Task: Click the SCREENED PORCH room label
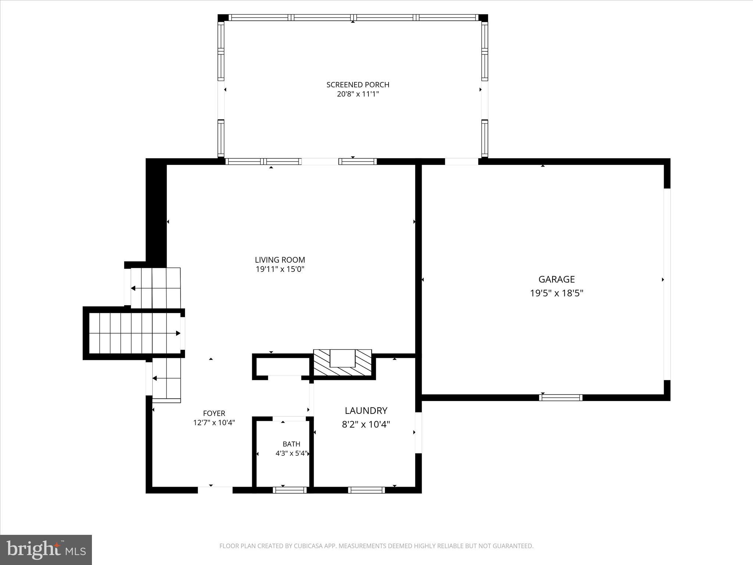pos(357,85)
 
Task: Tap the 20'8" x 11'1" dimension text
pos(357,94)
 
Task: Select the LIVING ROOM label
pos(280,260)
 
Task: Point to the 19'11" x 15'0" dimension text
pos(280,269)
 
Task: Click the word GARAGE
pos(556,280)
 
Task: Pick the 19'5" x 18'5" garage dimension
pos(556,293)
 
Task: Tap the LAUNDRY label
pos(366,411)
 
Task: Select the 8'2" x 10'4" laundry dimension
pos(366,424)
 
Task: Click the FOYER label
pos(214,413)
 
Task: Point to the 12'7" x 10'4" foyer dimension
pos(214,423)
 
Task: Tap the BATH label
pos(291,444)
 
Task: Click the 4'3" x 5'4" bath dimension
pos(291,453)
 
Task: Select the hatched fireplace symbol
pos(342,363)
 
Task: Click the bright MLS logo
pos(46,550)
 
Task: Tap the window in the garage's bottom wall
pos(560,398)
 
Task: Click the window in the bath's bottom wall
pos(290,490)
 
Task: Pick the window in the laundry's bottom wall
pos(366,490)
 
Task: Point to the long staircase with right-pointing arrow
pos(134,333)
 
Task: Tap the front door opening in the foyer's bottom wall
pos(215,490)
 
